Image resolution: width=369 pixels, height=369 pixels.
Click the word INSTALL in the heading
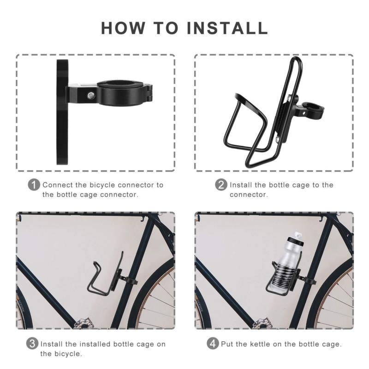click(x=227, y=28)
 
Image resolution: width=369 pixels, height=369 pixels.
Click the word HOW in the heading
click(x=123, y=28)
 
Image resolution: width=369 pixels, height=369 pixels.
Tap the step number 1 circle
click(x=34, y=185)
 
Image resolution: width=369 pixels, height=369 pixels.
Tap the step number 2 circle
click(x=221, y=185)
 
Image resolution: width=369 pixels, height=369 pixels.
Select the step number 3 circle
click(x=32, y=344)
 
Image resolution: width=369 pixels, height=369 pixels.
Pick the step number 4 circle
click(x=213, y=344)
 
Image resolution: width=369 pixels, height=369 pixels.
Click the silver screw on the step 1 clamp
click(x=90, y=95)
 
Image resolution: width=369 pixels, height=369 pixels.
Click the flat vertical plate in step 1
click(x=62, y=112)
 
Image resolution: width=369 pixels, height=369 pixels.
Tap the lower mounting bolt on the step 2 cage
click(x=278, y=140)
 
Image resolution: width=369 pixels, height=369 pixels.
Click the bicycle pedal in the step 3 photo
click(x=84, y=323)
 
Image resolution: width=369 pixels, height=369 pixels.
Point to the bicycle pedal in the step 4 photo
click(x=262, y=324)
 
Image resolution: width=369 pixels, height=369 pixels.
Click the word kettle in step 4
click(x=260, y=344)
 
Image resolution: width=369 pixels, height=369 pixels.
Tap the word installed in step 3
click(x=95, y=344)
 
